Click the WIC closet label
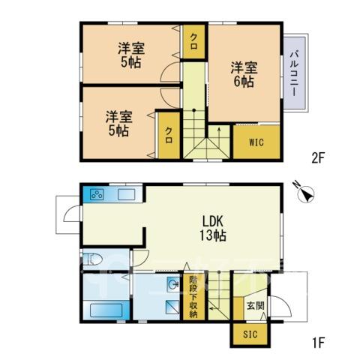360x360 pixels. pos(256,142)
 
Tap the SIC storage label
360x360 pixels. pos(250,334)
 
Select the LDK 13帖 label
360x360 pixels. pos(212,228)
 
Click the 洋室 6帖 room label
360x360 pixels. pos(244,74)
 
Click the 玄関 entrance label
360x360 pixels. pos(256,306)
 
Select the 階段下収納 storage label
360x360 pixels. pos(193,296)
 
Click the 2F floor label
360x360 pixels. pos(318,158)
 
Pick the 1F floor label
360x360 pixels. pos(318,343)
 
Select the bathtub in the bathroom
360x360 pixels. pos(106,310)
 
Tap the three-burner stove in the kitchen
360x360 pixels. pos(97,194)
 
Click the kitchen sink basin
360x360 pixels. pos(127,194)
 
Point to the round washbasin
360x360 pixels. pos(174,284)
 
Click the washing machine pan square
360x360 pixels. pos(172,307)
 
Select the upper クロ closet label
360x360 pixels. pos(193,41)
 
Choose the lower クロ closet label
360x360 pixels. pos(169,135)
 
